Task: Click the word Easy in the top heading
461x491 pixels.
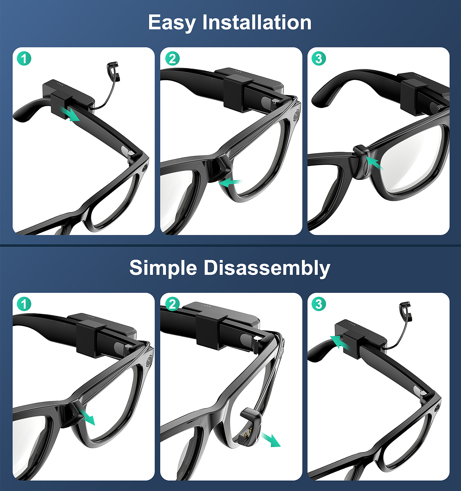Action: point(172,23)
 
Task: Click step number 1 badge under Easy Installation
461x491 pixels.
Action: point(24,59)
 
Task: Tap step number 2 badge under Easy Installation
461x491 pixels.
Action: point(172,59)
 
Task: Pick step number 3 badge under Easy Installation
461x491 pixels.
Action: point(319,59)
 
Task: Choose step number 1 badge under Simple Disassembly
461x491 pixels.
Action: point(24,304)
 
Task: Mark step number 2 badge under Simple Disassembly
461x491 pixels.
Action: point(172,304)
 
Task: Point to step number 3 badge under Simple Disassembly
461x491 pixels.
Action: point(319,304)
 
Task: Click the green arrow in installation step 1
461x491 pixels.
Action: point(70,114)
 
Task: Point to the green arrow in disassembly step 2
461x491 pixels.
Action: point(270,440)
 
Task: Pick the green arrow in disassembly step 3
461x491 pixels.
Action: point(340,342)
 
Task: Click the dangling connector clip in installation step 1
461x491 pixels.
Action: point(113,72)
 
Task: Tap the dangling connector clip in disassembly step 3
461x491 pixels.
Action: point(404,311)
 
